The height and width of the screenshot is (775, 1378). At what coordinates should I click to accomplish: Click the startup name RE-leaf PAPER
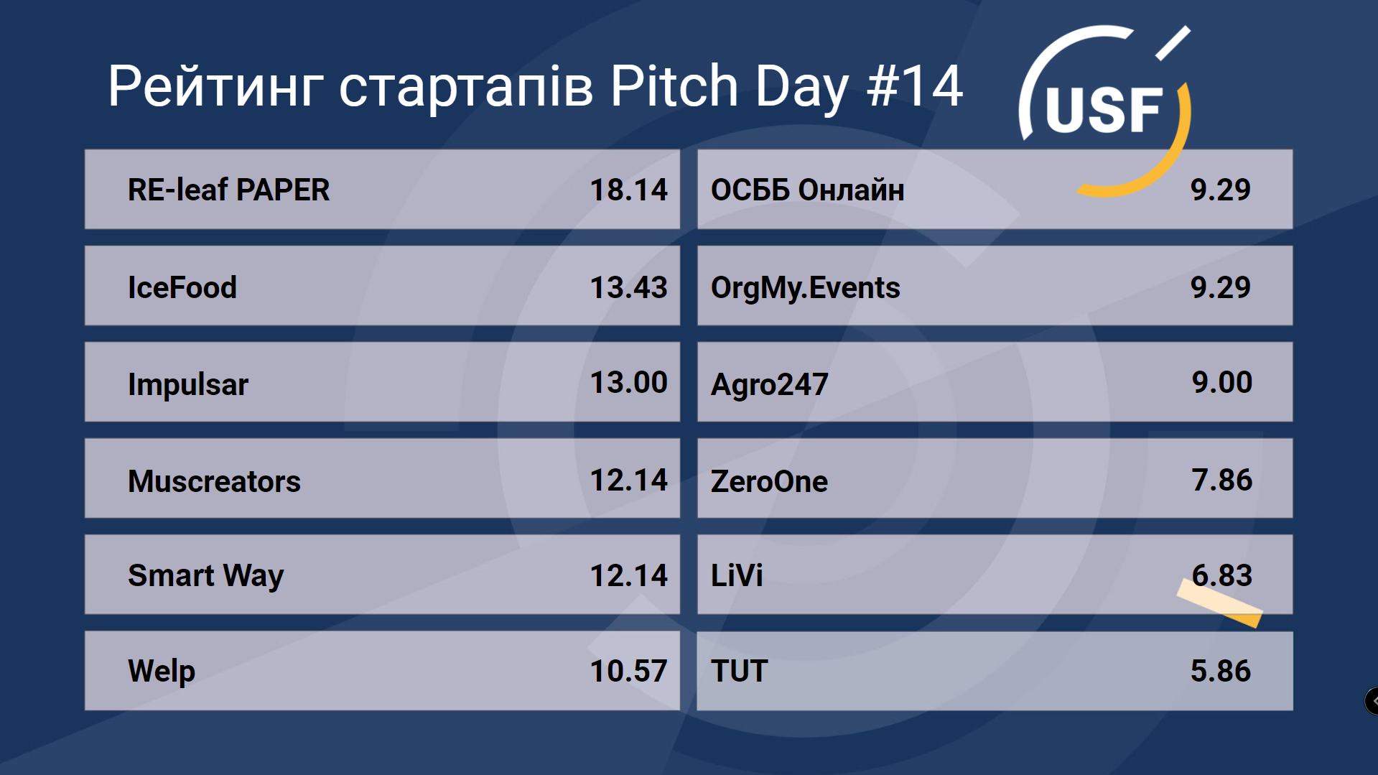(x=228, y=190)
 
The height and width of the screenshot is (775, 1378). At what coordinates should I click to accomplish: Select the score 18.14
(x=628, y=190)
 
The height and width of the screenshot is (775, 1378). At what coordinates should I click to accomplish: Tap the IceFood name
(x=182, y=287)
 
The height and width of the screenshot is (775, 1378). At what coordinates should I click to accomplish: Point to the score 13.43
(x=628, y=287)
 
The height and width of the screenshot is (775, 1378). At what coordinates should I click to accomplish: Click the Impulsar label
(x=188, y=384)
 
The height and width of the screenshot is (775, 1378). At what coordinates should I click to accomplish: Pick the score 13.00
(x=628, y=382)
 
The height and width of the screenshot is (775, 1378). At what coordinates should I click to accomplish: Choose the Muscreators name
(x=214, y=481)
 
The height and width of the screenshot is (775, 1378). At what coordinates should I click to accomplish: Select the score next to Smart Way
(x=628, y=575)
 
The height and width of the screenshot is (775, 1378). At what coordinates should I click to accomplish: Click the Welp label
(x=162, y=672)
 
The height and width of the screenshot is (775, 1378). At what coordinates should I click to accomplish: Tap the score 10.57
(x=628, y=671)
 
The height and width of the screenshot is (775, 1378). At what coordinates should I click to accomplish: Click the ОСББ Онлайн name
(x=807, y=190)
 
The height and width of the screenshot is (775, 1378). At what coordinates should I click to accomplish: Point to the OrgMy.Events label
(x=805, y=288)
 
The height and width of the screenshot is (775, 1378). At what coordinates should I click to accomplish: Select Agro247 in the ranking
(x=769, y=384)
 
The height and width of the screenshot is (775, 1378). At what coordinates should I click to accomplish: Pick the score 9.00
(x=1222, y=382)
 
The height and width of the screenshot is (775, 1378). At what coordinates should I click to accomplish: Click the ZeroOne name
(x=769, y=481)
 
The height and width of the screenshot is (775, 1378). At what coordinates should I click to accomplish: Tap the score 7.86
(x=1222, y=480)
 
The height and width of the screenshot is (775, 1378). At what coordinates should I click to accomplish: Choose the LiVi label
(x=737, y=575)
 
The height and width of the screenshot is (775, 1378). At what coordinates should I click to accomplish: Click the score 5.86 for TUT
(x=1221, y=671)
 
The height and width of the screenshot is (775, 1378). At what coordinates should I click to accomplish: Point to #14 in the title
(x=914, y=86)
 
